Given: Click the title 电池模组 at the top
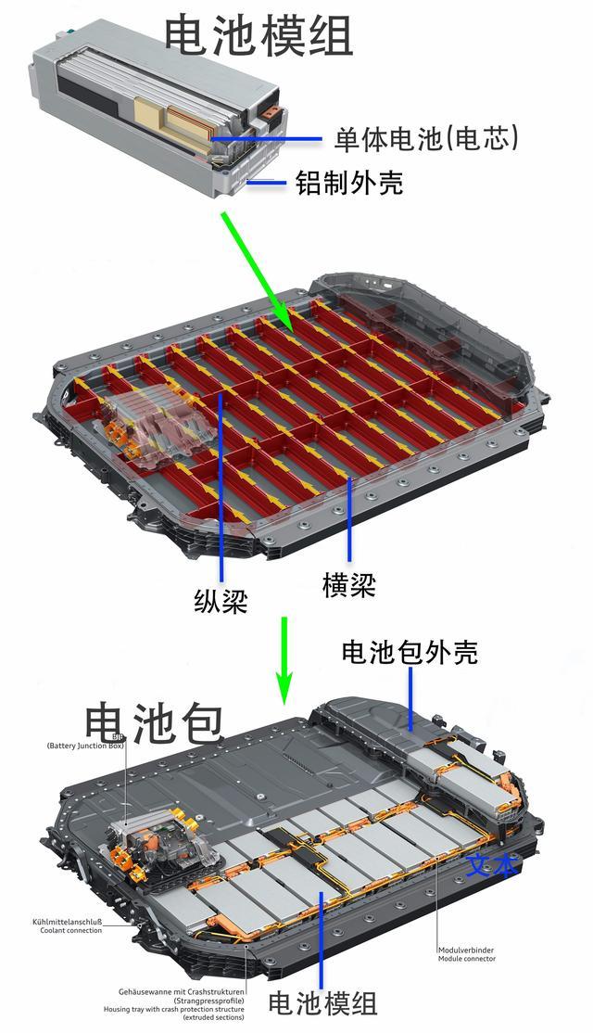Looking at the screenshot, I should (259, 34).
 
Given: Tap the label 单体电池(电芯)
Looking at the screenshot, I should (426, 138).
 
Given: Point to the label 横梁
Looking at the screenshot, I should (349, 583).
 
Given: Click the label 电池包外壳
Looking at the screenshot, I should (410, 653).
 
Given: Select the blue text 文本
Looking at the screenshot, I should (490, 866).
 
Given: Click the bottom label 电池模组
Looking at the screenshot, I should (322, 1002).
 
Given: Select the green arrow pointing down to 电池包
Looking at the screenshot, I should (284, 658).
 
